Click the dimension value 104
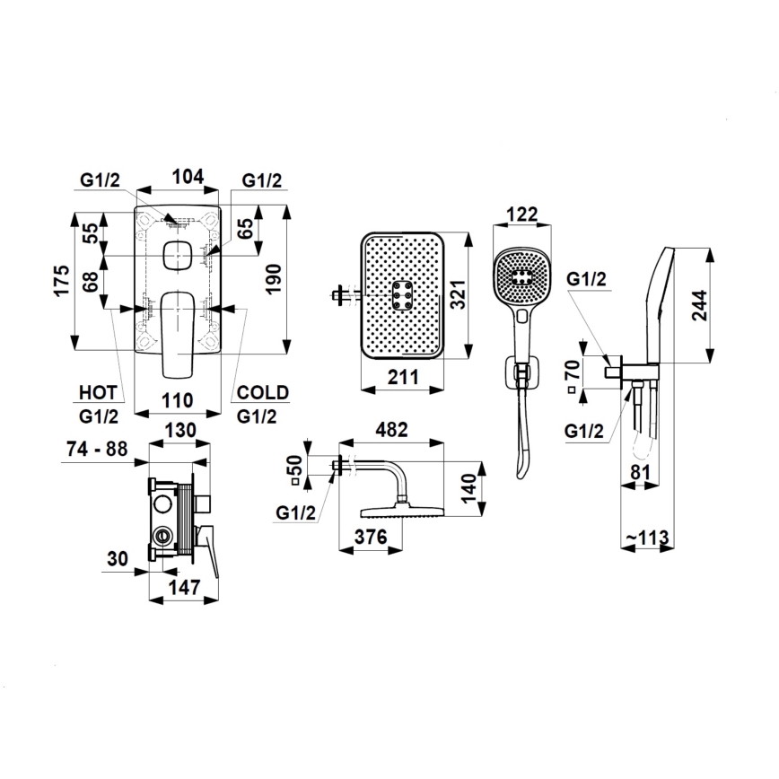click(x=187, y=177)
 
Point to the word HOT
click(x=97, y=393)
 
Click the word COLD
click(x=262, y=393)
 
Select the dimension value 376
click(x=370, y=538)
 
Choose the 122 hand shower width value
click(x=521, y=214)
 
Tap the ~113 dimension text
click(x=647, y=538)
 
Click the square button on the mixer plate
click(x=178, y=258)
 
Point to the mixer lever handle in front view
click(x=178, y=337)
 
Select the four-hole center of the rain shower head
click(x=401, y=293)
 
